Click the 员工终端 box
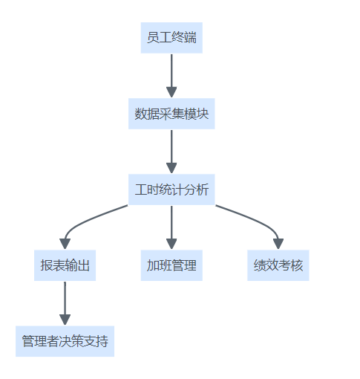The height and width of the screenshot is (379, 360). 171,38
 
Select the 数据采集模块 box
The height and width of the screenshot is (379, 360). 171,114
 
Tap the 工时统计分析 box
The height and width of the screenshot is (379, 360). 171,189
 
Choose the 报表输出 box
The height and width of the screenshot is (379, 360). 65,265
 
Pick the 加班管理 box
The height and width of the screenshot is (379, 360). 171,265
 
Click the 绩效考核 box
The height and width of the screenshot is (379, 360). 278,265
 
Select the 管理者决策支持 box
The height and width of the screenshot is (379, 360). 65,341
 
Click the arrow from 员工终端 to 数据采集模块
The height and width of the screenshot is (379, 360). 171,76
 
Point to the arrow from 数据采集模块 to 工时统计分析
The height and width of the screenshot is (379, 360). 171,152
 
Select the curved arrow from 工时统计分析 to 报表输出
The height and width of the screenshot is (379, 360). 84,221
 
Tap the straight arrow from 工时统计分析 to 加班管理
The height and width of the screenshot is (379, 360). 171,227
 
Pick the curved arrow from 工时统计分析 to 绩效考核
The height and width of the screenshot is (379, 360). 258,221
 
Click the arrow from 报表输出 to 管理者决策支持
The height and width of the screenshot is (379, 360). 65,303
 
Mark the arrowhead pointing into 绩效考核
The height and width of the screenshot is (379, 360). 278,244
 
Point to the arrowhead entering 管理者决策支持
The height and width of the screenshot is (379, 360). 65,320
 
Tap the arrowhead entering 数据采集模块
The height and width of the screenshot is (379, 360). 171,92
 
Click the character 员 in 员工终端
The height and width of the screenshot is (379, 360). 153,38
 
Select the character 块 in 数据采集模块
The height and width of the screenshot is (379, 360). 203,114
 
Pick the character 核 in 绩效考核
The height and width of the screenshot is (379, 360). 297,265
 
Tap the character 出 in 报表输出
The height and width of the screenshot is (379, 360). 83,265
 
